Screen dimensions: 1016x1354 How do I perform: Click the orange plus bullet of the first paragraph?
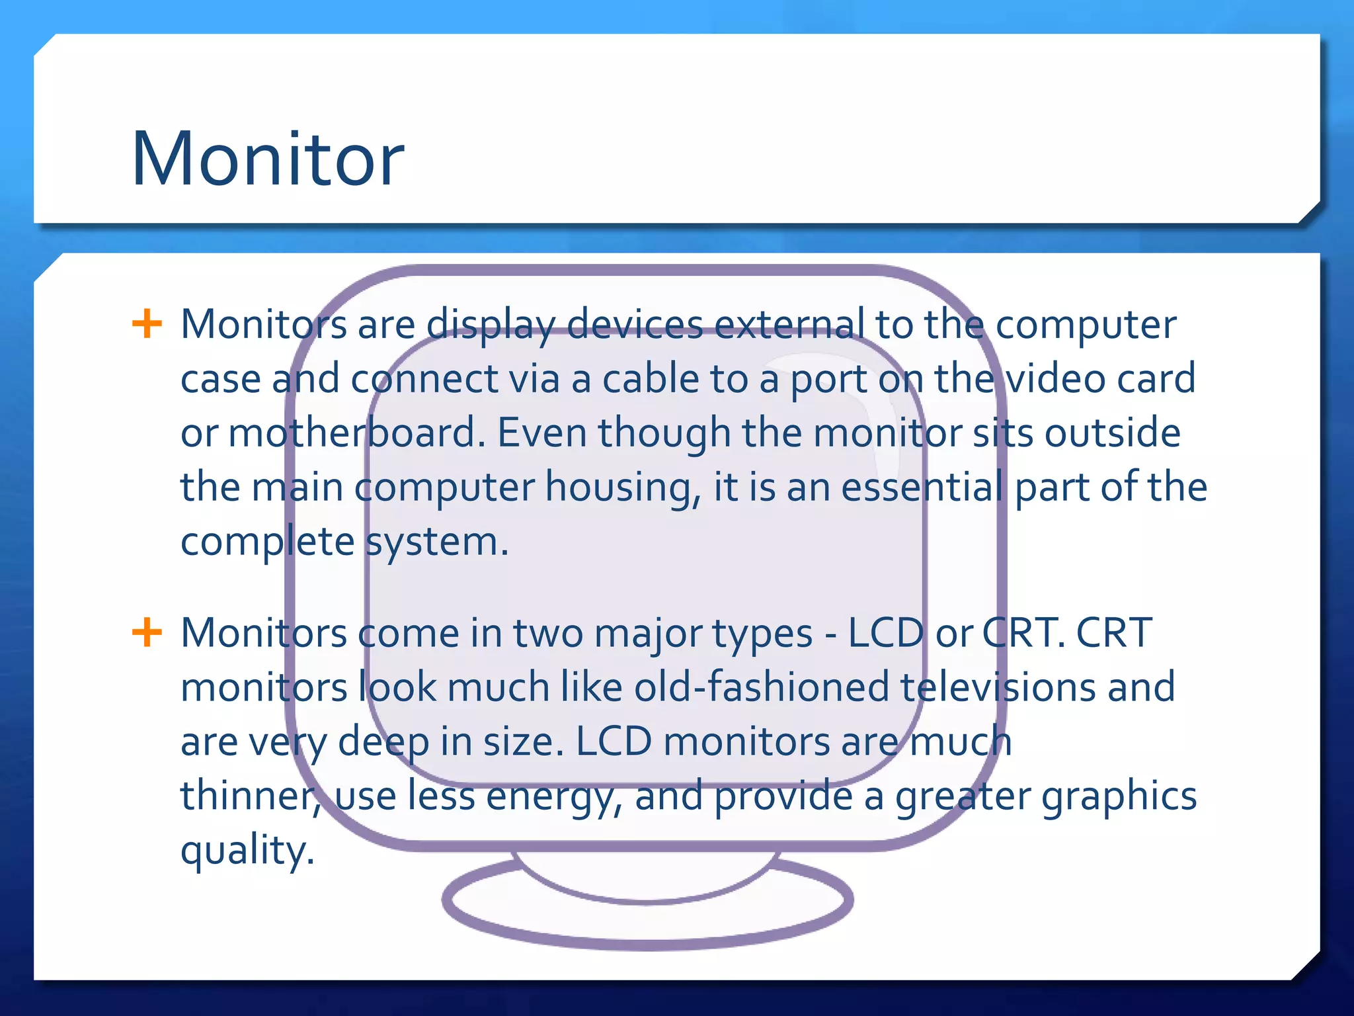click(147, 323)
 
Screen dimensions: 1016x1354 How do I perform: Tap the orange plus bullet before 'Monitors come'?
click(147, 632)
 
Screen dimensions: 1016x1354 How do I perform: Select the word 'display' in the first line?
click(490, 325)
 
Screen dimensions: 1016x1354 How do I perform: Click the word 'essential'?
click(922, 487)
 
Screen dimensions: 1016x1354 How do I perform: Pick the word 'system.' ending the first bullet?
click(437, 542)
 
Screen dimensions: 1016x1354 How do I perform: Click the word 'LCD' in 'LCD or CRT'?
click(885, 633)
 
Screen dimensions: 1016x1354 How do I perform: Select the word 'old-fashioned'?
click(761, 687)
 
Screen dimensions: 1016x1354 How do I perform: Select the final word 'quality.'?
click(247, 851)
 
